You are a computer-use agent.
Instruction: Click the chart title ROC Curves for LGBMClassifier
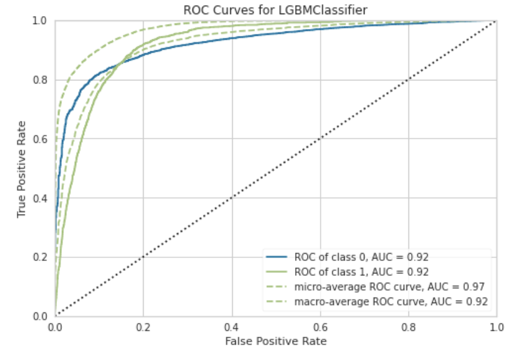pos(275,10)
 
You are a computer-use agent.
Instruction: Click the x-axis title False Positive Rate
pos(275,340)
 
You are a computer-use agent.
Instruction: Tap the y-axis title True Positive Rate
pos(22,168)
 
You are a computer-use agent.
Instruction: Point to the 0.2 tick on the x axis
pos(143,325)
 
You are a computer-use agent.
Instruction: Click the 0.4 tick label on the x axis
pos(231,325)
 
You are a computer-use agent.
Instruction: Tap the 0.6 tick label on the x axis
pos(320,325)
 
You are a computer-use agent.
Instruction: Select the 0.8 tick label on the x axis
pos(408,325)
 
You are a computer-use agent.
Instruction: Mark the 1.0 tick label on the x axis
pos(496,325)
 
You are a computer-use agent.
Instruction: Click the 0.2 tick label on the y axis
pos(41,257)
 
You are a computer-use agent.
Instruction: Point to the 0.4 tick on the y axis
pos(41,198)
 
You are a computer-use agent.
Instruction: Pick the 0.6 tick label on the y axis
pos(41,139)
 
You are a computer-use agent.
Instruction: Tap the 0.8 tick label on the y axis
pos(41,80)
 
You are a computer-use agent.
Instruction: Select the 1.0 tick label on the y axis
pos(41,21)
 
